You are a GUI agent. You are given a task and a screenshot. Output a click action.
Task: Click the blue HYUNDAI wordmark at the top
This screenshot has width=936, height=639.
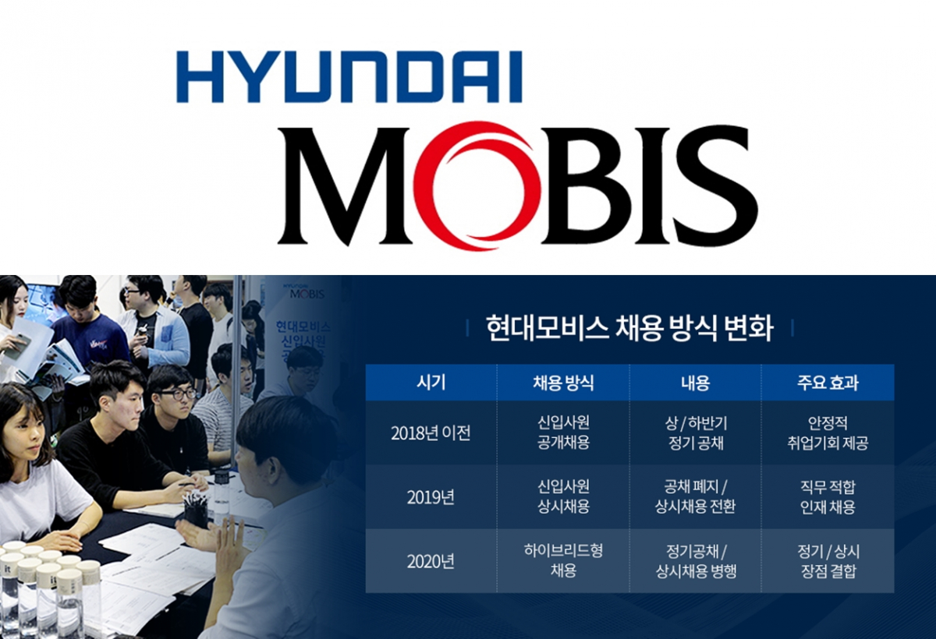(x=349, y=77)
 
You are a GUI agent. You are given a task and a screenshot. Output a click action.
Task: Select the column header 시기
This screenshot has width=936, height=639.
(x=431, y=383)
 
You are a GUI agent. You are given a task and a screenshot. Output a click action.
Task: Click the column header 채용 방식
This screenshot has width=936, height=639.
(x=563, y=383)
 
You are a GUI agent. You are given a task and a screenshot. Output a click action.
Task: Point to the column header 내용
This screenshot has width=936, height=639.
(x=695, y=383)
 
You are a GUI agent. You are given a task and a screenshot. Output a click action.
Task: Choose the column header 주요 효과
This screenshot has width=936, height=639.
(x=828, y=383)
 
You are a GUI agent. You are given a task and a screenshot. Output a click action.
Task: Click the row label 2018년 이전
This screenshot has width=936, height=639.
(x=431, y=433)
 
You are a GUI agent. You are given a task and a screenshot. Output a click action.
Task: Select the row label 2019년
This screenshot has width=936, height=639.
(x=431, y=497)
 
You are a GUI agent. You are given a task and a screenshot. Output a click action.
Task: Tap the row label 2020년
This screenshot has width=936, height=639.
(x=431, y=561)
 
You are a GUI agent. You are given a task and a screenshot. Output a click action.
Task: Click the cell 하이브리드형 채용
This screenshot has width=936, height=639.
(x=563, y=560)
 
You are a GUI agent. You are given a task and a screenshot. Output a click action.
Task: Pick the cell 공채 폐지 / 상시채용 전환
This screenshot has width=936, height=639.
(x=695, y=496)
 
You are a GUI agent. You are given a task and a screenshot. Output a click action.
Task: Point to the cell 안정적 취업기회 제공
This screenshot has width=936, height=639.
(x=828, y=432)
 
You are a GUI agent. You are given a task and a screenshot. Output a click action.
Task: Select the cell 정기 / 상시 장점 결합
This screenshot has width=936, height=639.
(x=828, y=561)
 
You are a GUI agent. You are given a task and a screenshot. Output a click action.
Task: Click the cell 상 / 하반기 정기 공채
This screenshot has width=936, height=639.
(x=695, y=432)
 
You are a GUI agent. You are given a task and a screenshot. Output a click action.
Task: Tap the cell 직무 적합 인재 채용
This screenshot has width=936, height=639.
(x=828, y=496)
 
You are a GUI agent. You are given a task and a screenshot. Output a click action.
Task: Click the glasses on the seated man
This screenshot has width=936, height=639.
(x=178, y=394)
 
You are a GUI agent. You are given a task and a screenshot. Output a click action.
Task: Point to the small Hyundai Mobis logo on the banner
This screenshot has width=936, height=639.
(x=303, y=291)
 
